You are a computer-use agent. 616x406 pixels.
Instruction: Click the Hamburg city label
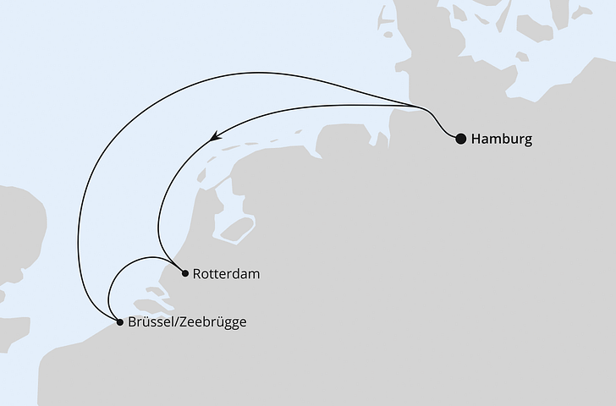pyautogui.click(x=502, y=140)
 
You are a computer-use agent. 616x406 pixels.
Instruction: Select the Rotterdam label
pyautogui.click(x=226, y=274)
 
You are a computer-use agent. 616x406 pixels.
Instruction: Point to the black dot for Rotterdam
pyautogui.click(x=185, y=272)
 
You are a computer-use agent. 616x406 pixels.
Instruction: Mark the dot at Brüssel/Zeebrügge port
pyautogui.click(x=119, y=321)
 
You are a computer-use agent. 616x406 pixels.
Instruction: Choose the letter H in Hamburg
pyautogui.click(x=476, y=140)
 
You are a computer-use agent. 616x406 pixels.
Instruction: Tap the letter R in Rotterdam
pyautogui.click(x=197, y=274)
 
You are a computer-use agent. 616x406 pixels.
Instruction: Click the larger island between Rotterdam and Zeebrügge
pyautogui.click(x=152, y=304)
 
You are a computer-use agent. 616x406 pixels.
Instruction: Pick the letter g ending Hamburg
pyautogui.click(x=528, y=141)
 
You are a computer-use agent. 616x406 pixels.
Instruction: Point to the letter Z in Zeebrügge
pyautogui.click(x=182, y=322)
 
